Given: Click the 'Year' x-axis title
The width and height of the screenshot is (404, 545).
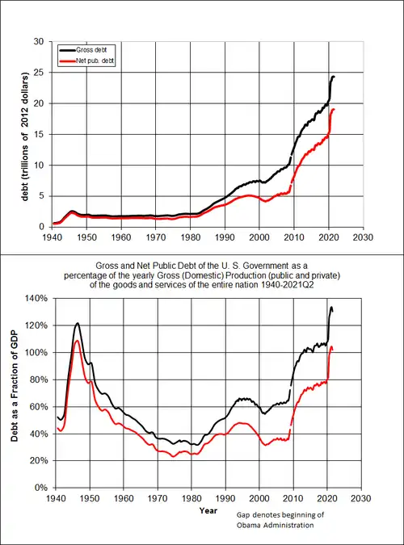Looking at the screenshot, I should pos(208,510).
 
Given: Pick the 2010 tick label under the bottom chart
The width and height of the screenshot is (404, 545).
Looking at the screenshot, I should pos(294,498).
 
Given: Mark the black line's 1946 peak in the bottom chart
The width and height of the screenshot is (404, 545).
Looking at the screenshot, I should pos(78,324).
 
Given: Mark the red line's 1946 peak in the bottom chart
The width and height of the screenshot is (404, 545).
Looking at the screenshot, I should pos(78,341).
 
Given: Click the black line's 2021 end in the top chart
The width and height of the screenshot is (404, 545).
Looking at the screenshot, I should pos(334,77).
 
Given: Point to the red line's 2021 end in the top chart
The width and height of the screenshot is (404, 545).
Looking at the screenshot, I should pos(334,109).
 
